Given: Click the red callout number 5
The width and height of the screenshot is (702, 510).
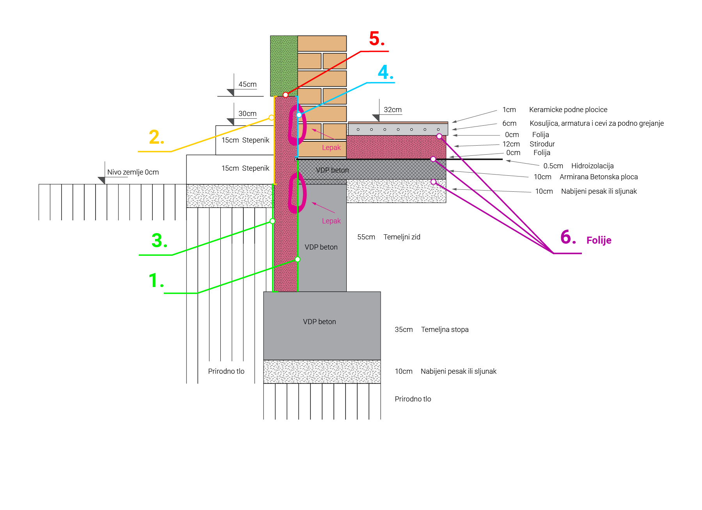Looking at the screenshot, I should pyautogui.click(x=376, y=39).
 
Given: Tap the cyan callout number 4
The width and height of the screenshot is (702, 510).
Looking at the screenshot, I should pyautogui.click(x=385, y=73).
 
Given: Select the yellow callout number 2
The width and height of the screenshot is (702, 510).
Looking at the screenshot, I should pyautogui.click(x=156, y=137).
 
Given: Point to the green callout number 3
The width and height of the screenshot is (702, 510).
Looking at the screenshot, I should pyautogui.click(x=159, y=241).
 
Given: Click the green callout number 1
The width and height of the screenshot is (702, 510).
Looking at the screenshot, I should pyautogui.click(x=156, y=281).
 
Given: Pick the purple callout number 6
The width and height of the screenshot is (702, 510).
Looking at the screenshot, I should pyautogui.click(x=568, y=237).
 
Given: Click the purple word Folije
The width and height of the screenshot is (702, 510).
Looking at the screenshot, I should pyautogui.click(x=599, y=240).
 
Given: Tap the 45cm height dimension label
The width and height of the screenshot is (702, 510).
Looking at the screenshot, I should pyautogui.click(x=247, y=84).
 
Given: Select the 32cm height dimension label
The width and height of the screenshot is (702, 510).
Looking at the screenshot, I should pyautogui.click(x=392, y=110).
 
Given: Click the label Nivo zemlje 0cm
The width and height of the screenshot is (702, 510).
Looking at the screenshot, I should pyautogui.click(x=133, y=172).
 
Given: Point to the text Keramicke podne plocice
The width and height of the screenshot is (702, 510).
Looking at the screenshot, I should pyautogui.click(x=568, y=110).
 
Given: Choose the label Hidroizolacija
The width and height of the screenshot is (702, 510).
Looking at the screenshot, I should pyautogui.click(x=592, y=166).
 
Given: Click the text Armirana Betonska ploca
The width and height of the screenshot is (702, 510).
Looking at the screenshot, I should pyautogui.click(x=598, y=177).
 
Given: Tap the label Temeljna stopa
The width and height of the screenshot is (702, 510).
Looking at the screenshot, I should pyautogui.click(x=445, y=330).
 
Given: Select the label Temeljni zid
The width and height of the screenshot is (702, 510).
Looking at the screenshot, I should pyautogui.click(x=402, y=237).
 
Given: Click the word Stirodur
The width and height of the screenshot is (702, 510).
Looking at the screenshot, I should pyautogui.click(x=542, y=144).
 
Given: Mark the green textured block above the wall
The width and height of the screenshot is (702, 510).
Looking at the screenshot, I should pyautogui.click(x=284, y=65).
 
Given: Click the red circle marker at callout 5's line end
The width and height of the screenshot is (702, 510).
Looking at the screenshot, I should pyautogui.click(x=285, y=95).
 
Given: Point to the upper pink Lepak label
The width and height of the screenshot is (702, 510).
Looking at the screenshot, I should pyautogui.click(x=331, y=148).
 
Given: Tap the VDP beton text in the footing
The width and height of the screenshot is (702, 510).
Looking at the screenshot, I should pyautogui.click(x=319, y=322).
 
